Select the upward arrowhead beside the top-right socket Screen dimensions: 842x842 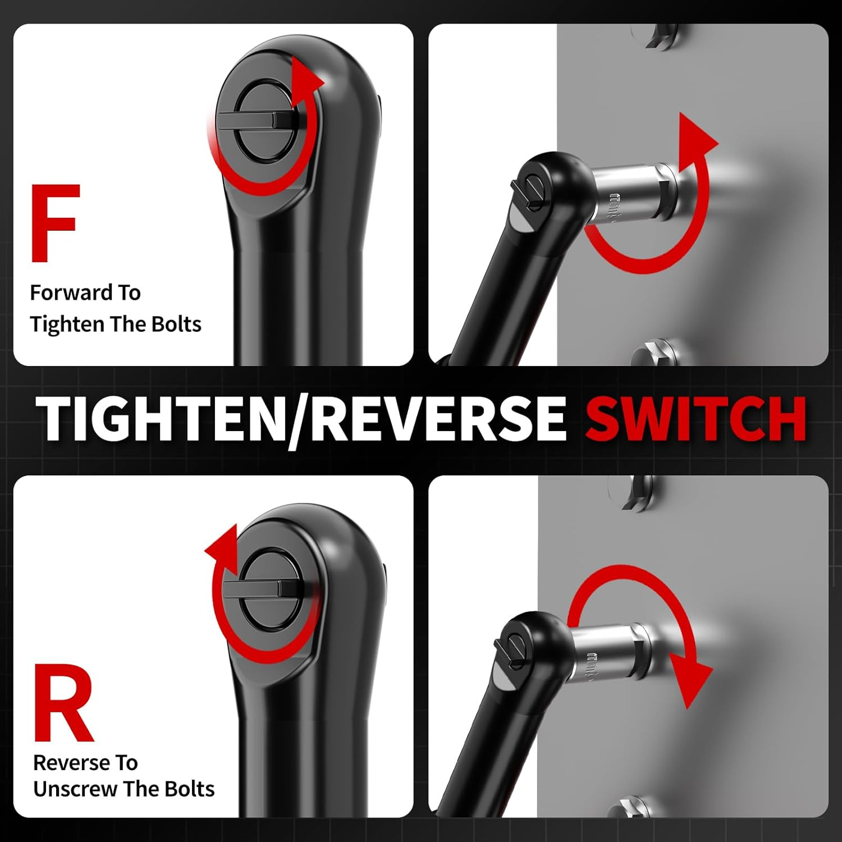696,139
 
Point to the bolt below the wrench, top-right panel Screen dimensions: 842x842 654,354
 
